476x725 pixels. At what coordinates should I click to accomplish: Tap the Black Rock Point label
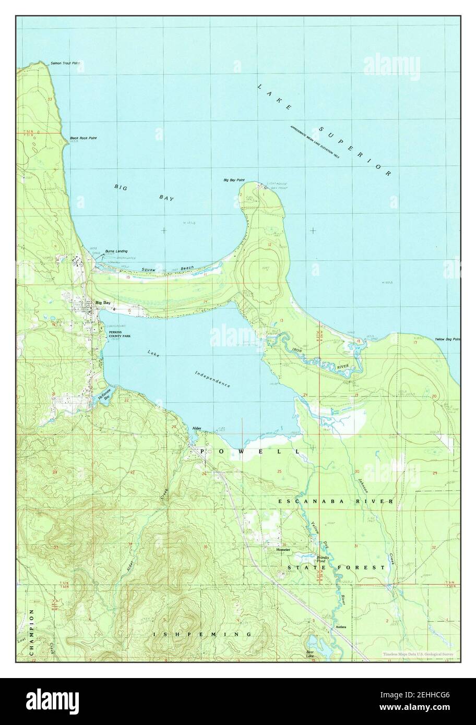(83, 138)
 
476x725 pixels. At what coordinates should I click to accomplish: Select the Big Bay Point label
(234, 180)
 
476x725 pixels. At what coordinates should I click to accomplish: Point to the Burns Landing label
(116, 251)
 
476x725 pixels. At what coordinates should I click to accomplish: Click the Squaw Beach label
(168, 269)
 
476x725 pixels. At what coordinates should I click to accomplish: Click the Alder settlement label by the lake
(197, 428)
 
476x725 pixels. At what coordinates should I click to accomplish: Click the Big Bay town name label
(103, 303)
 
